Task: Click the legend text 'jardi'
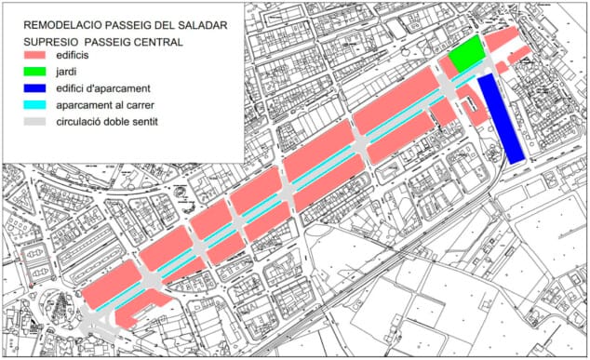click(93, 72)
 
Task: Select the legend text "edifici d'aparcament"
click(129, 88)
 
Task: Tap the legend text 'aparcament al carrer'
click(128, 105)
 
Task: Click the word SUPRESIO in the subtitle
click(52, 41)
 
